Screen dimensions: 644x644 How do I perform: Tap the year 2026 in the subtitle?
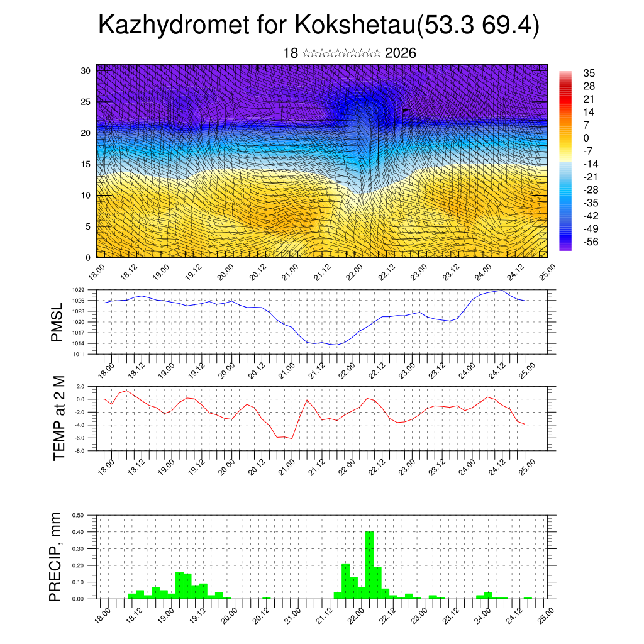[400, 53]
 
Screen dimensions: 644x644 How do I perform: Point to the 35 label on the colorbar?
[589, 73]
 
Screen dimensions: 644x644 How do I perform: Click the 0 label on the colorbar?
[586, 138]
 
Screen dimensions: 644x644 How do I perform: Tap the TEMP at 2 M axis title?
[60, 418]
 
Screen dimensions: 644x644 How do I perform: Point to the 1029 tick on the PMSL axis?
[78, 290]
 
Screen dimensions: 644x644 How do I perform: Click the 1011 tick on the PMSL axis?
[78, 354]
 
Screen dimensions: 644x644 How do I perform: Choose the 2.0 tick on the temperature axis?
[80, 386]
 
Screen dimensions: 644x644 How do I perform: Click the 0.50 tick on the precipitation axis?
[79, 515]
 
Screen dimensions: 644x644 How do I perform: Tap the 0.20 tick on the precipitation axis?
[79, 565]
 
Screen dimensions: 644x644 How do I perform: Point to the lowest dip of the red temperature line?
[292, 438]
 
